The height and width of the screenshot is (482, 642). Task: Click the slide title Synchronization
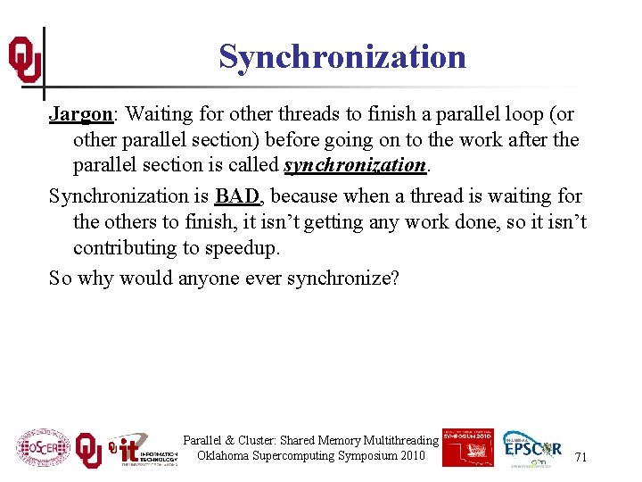[x=342, y=57]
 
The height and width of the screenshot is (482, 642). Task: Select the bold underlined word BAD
[x=236, y=196]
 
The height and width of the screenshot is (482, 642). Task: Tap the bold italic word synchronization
[x=355, y=165]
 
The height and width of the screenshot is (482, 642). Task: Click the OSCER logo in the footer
[x=43, y=448]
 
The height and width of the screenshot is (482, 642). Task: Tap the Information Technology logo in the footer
[x=143, y=448]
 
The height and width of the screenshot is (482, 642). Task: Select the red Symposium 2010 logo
[x=466, y=446]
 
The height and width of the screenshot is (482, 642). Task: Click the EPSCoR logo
[x=532, y=448]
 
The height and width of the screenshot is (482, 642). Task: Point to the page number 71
[x=580, y=457]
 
